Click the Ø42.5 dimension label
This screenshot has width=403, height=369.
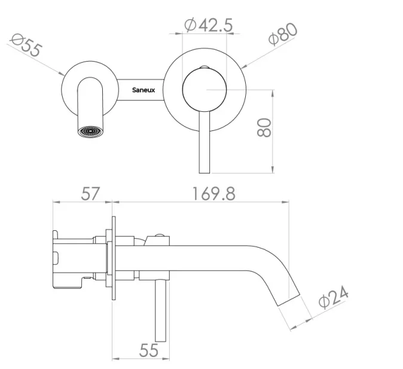208,25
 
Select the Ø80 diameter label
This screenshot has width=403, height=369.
282,35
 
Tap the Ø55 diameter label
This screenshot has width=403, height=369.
26,46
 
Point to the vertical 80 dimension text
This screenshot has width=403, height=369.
264,127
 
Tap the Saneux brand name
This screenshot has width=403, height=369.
144,90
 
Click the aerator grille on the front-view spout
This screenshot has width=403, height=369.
91,130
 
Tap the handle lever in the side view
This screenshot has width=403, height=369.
160,311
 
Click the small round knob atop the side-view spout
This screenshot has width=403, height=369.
160,237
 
